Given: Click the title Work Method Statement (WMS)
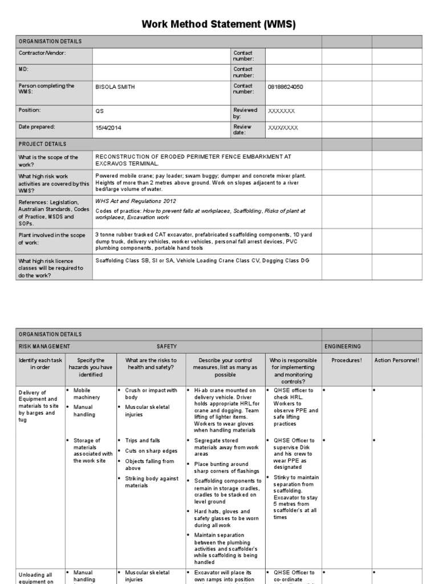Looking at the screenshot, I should click(x=219, y=25).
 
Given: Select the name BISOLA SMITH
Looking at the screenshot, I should click(x=115, y=87).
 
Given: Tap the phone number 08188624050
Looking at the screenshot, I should click(x=285, y=87).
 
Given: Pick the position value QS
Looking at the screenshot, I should click(x=100, y=111).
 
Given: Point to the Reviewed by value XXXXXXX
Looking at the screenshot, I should click(x=282, y=111).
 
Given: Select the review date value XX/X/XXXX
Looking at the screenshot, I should click(x=283, y=128).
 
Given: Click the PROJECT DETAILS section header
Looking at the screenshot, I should click(x=42, y=144).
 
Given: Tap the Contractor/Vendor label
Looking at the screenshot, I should click(x=42, y=53).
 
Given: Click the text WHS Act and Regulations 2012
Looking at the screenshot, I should click(x=136, y=201).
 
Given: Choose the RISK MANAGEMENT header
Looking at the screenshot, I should click(x=44, y=346).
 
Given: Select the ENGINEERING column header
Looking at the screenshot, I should click(x=342, y=346).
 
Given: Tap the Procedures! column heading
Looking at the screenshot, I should click(x=347, y=360).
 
